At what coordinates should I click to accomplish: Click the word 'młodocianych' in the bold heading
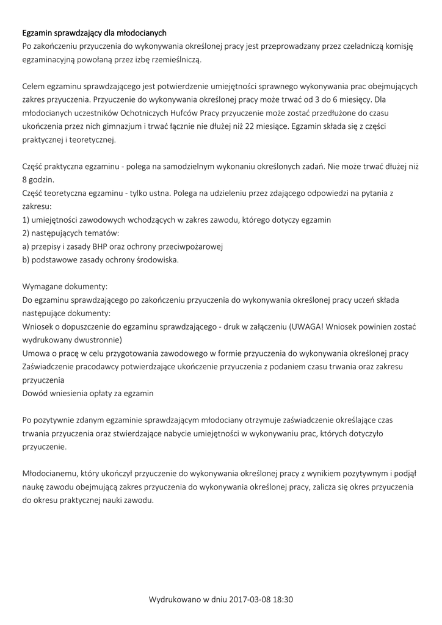coord(141,32)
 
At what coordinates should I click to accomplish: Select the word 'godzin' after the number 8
coord(42,180)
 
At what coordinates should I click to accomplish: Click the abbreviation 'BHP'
coord(99,247)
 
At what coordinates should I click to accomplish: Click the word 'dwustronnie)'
coord(97,339)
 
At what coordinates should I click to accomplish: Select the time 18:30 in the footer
coord(283,599)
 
